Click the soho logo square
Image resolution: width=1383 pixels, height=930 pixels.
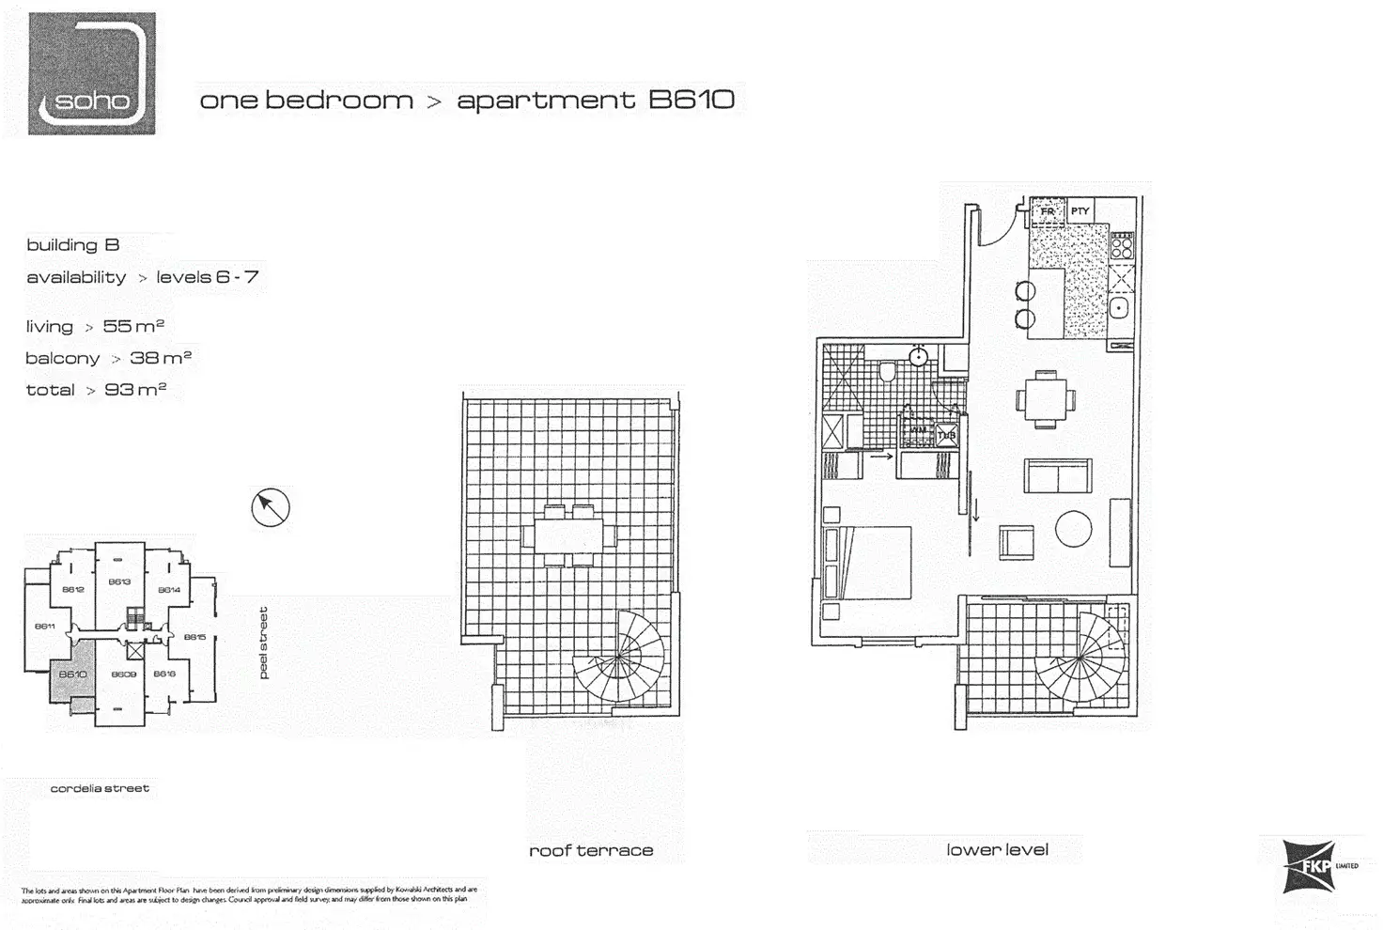click(91, 73)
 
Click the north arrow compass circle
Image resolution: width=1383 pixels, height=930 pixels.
click(271, 507)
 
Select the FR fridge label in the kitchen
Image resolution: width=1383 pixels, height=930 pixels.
click(1047, 212)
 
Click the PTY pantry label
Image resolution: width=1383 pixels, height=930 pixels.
click(1080, 211)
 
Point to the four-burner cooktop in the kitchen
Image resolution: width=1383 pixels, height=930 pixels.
click(1122, 246)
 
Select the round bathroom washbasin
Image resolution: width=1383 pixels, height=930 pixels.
click(920, 357)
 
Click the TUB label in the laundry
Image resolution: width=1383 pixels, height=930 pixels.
click(946, 435)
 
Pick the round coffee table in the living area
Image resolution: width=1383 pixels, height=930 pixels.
click(1073, 529)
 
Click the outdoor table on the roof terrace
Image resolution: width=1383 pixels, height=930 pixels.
click(569, 535)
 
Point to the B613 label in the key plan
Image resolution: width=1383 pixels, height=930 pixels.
click(119, 581)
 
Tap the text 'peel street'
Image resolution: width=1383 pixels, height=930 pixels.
click(264, 643)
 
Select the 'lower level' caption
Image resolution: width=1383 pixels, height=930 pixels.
click(997, 850)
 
